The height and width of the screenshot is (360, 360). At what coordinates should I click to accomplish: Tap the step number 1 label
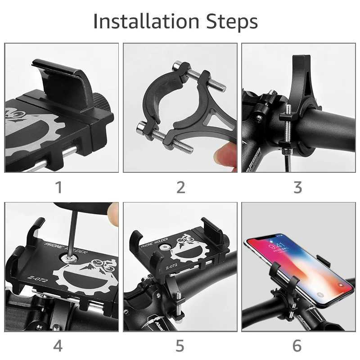(58, 187)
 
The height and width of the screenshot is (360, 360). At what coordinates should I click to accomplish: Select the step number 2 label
(180, 187)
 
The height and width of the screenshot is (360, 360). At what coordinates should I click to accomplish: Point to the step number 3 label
(297, 187)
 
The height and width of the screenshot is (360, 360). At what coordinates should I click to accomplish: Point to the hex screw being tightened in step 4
(69, 258)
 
